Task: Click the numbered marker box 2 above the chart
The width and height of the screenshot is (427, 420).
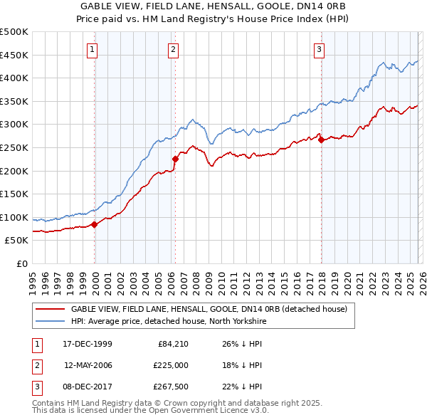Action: click(x=174, y=49)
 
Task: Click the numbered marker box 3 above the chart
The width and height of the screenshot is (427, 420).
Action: click(x=320, y=49)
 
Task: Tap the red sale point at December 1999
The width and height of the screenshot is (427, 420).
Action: click(x=95, y=225)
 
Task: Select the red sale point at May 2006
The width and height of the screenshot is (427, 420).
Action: click(x=175, y=159)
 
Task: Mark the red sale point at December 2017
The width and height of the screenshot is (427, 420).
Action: click(x=321, y=140)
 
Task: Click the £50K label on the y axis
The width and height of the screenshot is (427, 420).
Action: click(x=17, y=241)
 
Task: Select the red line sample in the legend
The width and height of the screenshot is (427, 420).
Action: click(x=50, y=309)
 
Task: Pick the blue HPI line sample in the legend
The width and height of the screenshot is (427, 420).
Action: click(x=50, y=321)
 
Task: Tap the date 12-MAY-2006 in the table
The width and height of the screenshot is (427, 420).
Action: click(x=88, y=364)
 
